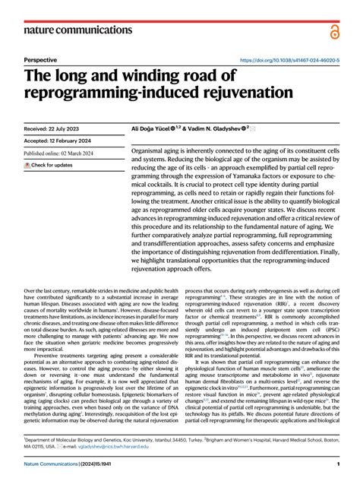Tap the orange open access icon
click(x=333, y=30)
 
